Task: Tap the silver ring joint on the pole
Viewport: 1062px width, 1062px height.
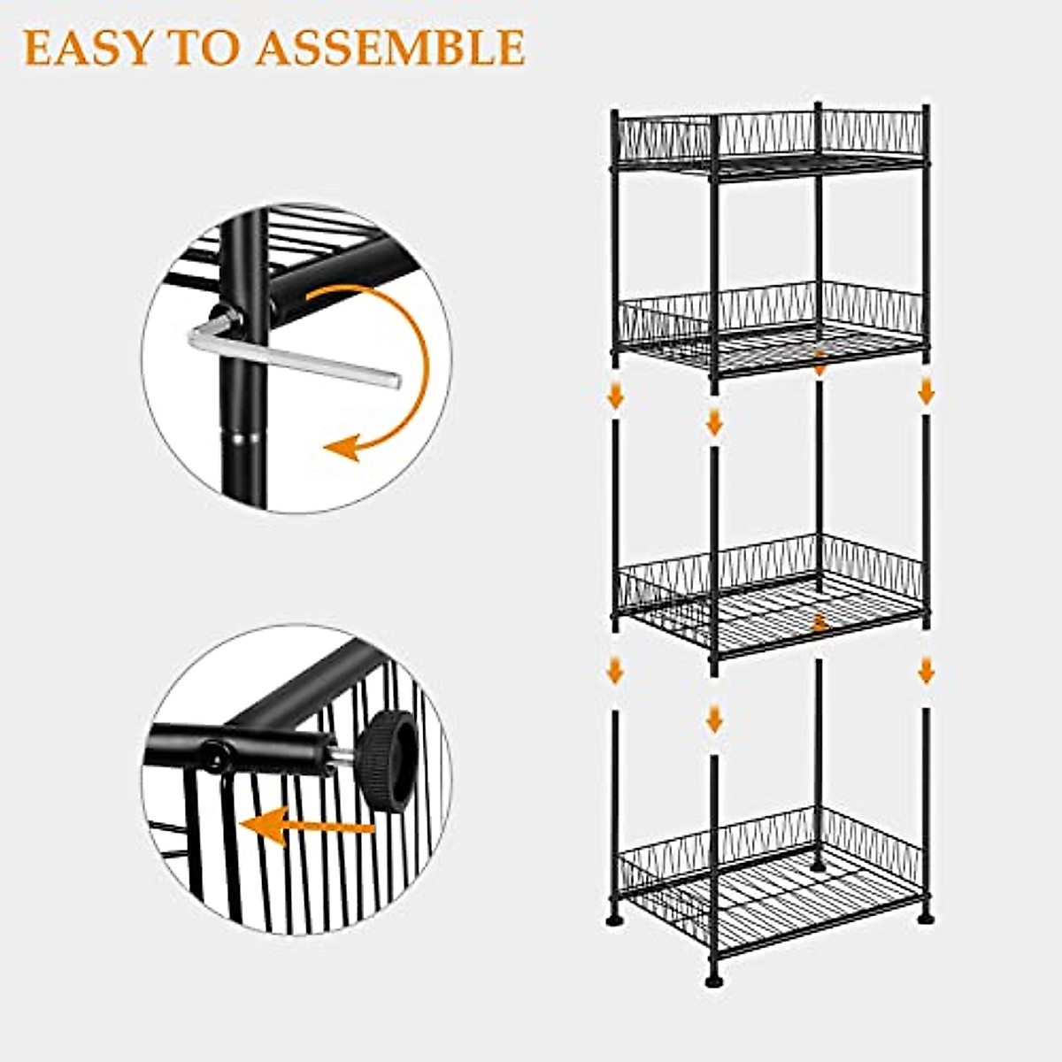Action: tap(242, 436)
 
